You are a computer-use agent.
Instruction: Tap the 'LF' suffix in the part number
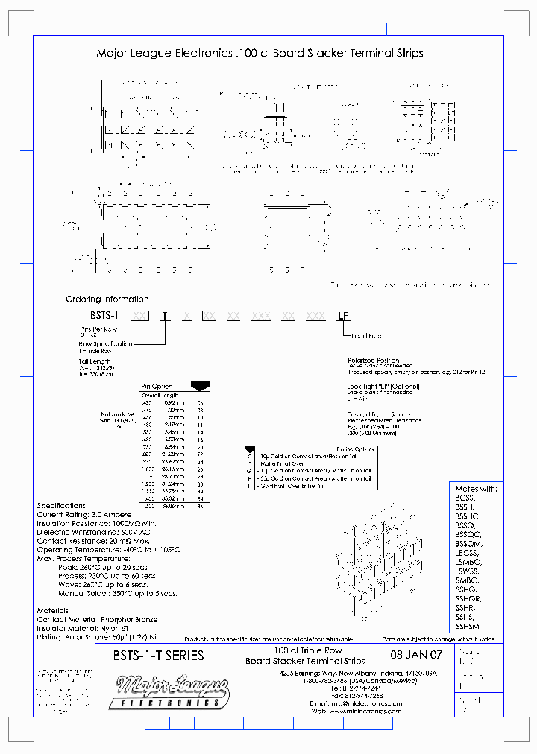(342, 316)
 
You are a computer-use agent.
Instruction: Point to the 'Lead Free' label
(367, 336)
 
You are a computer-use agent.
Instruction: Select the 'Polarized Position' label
(373, 360)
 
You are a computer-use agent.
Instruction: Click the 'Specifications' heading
(61, 506)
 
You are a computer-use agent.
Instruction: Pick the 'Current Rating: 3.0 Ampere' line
(84, 514)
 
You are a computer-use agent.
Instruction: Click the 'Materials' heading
(52, 610)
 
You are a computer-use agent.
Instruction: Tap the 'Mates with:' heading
(475, 488)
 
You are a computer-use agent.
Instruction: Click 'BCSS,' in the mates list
(464, 497)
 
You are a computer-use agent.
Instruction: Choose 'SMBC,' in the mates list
(466, 580)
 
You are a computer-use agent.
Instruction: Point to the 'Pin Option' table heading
(157, 386)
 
